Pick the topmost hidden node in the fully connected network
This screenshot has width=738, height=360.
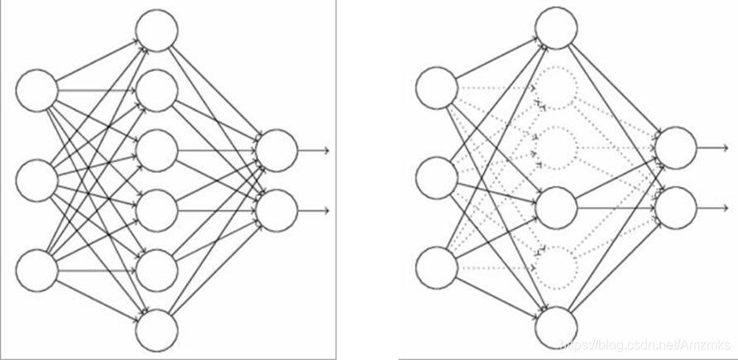coord(157,31)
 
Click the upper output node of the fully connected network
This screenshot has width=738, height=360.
coord(276,150)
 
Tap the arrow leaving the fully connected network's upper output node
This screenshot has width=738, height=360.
coord(314,150)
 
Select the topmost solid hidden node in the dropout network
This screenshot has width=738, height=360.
coord(557,27)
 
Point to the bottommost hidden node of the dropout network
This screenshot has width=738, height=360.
coord(557,328)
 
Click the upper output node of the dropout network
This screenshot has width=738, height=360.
coord(677,147)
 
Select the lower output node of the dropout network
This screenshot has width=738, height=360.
coord(677,208)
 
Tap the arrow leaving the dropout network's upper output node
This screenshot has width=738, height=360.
coord(715,147)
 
